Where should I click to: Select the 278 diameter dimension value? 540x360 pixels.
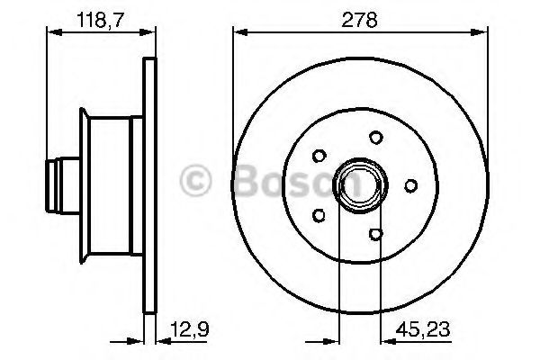coord(362,16)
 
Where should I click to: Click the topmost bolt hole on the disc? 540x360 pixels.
coord(374,138)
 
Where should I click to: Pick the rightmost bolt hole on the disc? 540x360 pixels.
coord(410,185)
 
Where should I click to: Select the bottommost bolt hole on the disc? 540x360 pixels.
coord(376,235)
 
